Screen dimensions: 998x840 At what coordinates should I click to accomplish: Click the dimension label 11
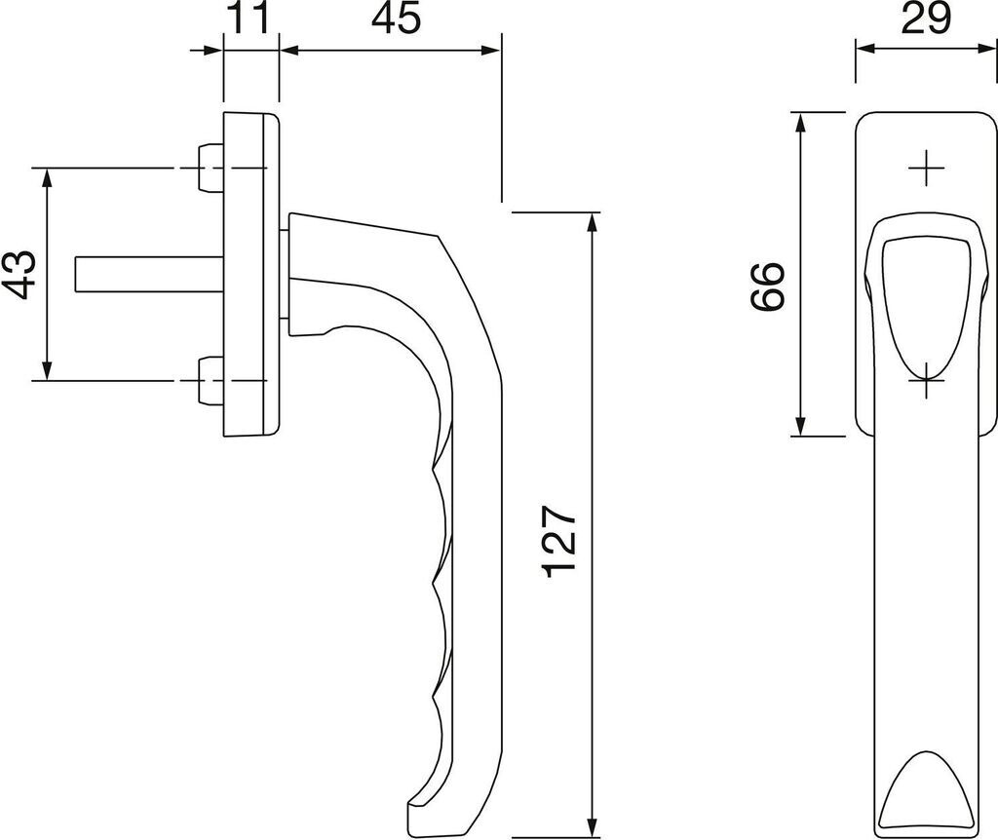click(249, 19)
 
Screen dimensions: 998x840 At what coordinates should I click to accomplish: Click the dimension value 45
click(396, 19)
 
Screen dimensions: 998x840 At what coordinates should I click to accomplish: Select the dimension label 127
click(560, 542)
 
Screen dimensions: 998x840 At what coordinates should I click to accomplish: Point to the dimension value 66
click(767, 286)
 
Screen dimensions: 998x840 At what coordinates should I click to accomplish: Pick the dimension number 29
click(926, 19)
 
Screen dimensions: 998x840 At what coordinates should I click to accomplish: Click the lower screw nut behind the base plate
click(211, 381)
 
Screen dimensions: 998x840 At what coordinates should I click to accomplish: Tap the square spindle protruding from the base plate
click(149, 275)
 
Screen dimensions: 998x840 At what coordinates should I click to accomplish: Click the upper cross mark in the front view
click(926, 169)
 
